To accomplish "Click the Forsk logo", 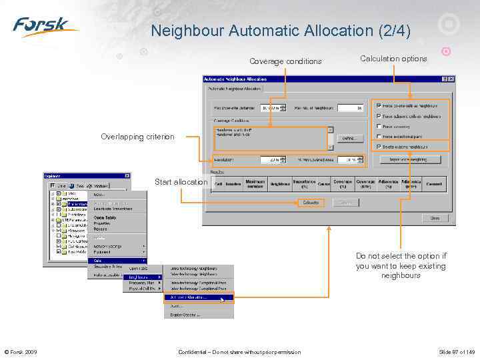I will pyautogui.click(x=45, y=27).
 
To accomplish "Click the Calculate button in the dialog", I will pyautogui.click(x=310, y=203).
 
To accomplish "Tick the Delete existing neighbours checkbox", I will pyautogui.click(x=379, y=146).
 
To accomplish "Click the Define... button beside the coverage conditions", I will pyautogui.click(x=349, y=138).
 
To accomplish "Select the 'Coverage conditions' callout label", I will pyautogui.click(x=285, y=61).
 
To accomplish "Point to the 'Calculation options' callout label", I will pyautogui.click(x=393, y=59).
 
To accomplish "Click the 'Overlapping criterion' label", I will pyautogui.click(x=137, y=137).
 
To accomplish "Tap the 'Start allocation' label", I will pyautogui.click(x=181, y=182).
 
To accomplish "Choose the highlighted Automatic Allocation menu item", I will pyautogui.click(x=199, y=298).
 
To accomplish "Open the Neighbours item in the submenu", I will pyautogui.click(x=142, y=277).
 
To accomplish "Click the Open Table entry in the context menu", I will pyautogui.click(x=106, y=217).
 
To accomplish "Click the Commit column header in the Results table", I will pyautogui.click(x=434, y=183).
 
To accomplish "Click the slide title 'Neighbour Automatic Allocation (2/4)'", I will pyautogui.click(x=281, y=31).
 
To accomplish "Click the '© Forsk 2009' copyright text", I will pyautogui.click(x=21, y=352).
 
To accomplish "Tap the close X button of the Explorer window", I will pyautogui.click(x=127, y=176).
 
